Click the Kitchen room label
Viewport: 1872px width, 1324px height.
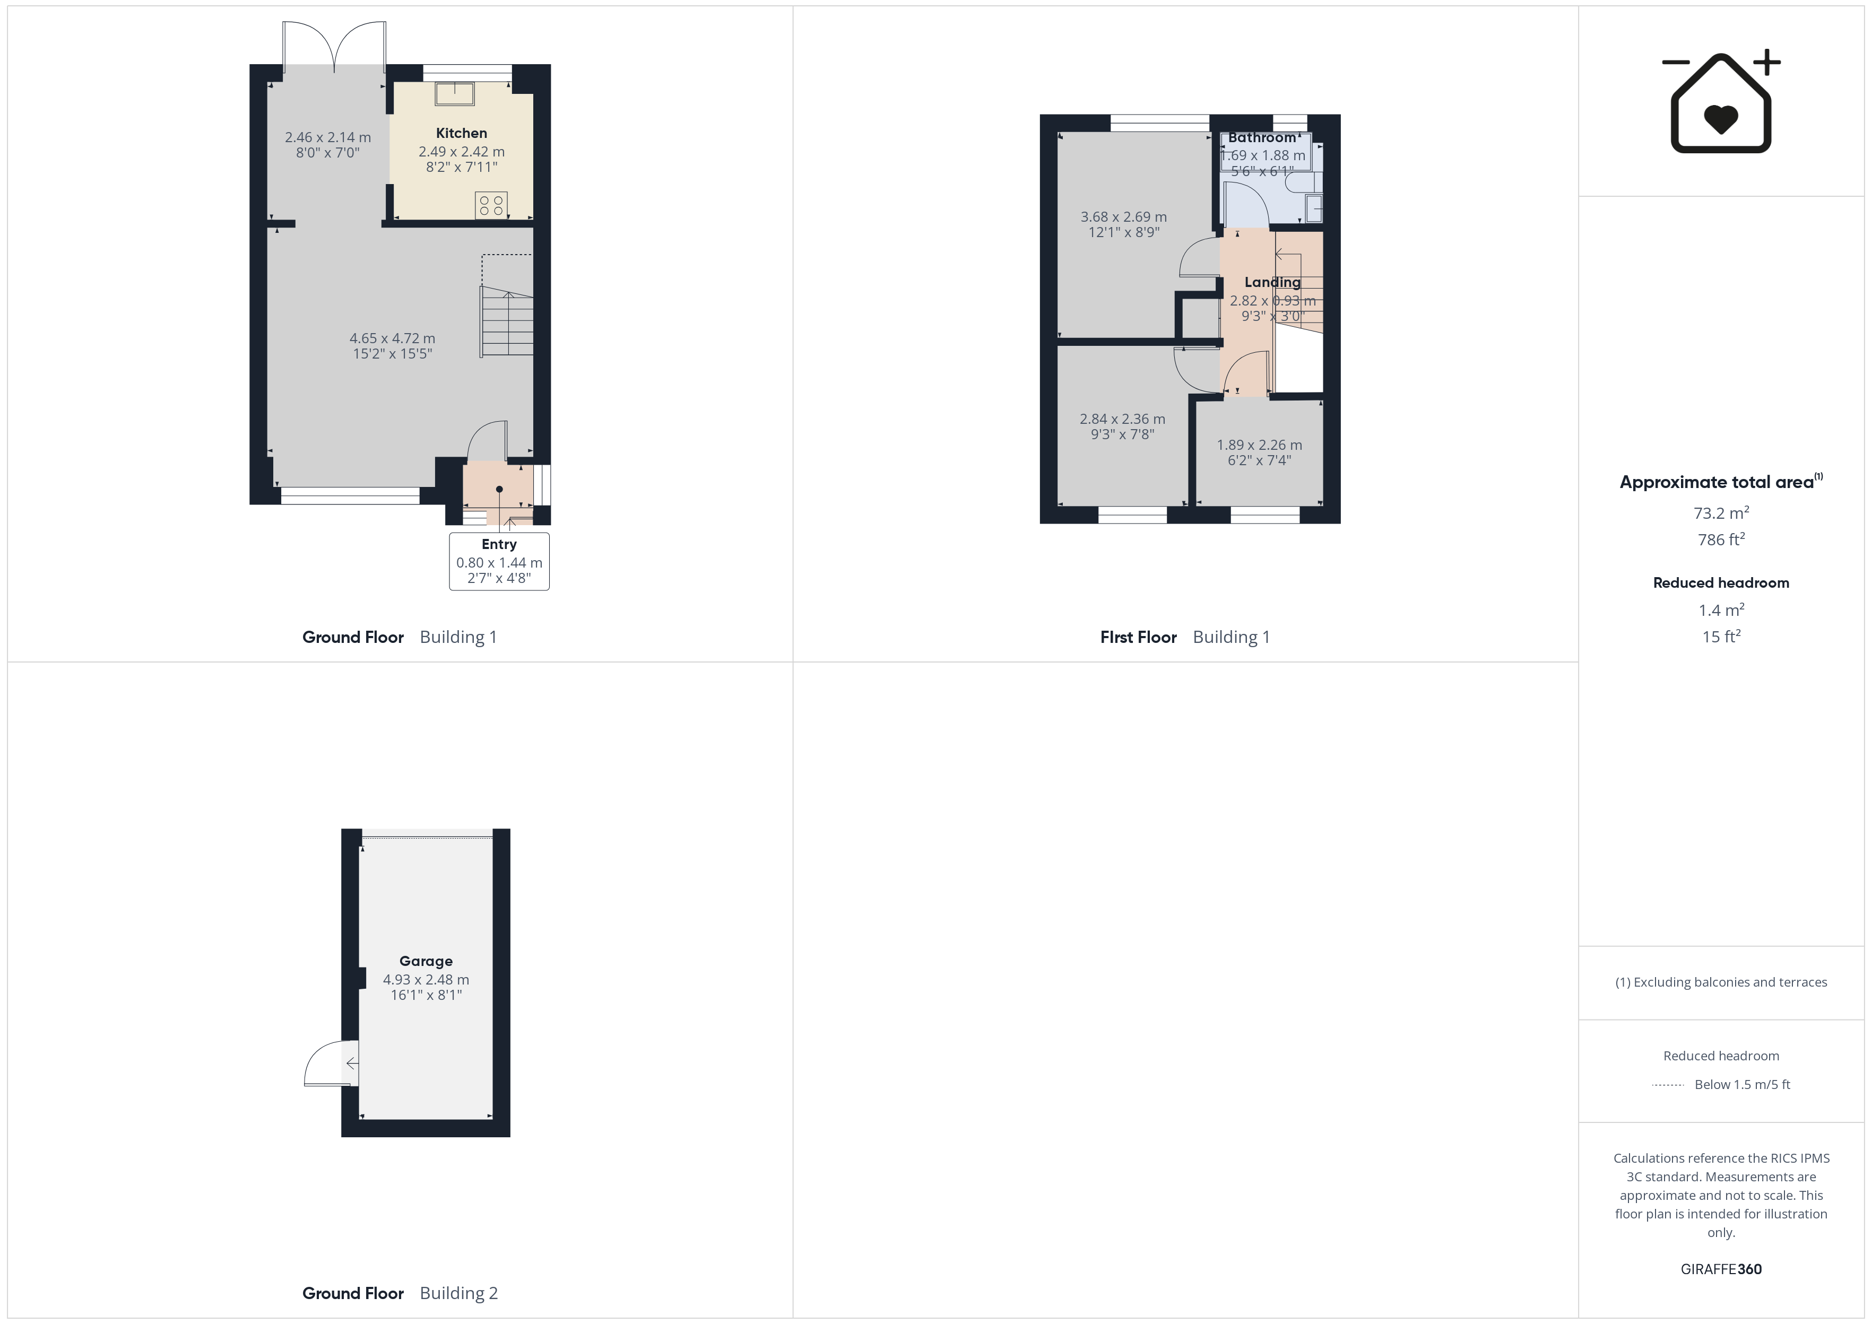tap(462, 133)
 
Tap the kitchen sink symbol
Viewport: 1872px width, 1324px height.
tap(454, 94)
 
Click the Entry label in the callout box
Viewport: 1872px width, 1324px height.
tap(499, 544)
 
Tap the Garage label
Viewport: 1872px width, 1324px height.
tap(426, 961)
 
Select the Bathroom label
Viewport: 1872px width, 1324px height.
tap(1262, 138)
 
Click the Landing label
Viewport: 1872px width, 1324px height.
tap(1272, 282)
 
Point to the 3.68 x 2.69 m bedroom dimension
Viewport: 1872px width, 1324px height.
tap(1123, 217)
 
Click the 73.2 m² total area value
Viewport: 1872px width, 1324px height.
tap(1721, 513)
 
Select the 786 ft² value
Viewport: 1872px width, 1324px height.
tap(1721, 539)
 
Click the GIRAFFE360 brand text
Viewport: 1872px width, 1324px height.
tap(1721, 1269)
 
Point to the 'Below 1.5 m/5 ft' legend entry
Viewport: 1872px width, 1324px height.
tap(1743, 1084)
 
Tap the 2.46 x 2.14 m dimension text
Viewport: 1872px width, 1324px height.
tap(328, 138)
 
